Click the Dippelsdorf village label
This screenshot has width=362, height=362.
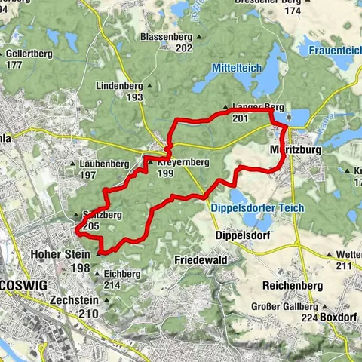(241, 235)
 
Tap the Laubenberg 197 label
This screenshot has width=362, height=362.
(104, 169)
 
